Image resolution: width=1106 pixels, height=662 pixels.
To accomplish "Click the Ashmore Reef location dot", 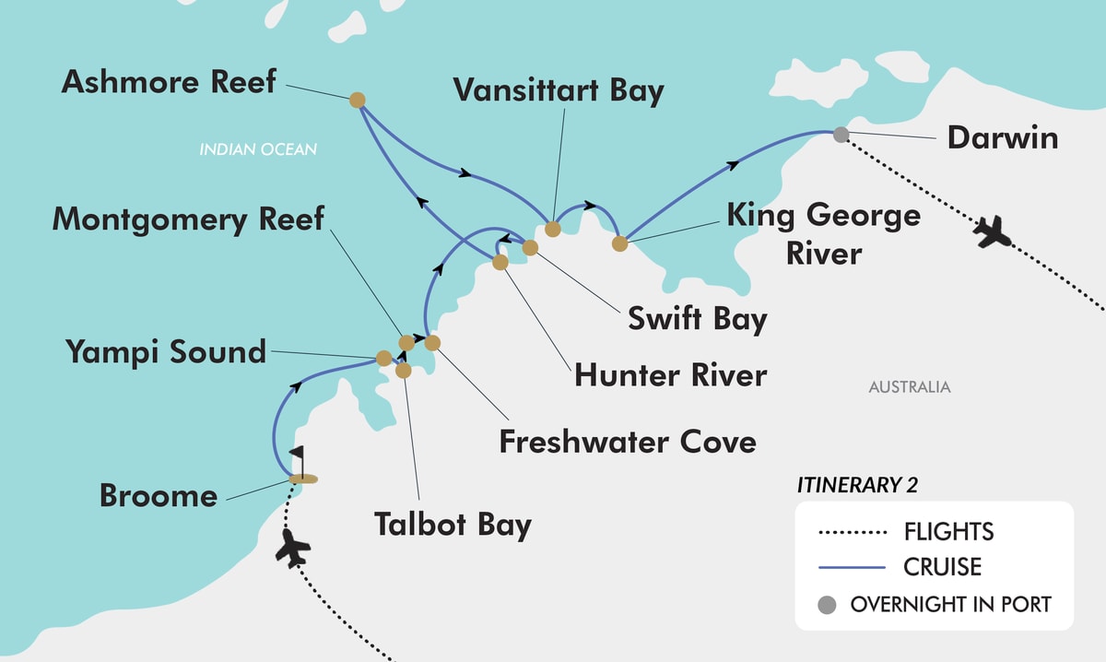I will [358, 99].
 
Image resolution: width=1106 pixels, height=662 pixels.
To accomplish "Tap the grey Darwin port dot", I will [841, 135].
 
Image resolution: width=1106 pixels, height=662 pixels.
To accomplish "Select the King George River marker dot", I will [620, 244].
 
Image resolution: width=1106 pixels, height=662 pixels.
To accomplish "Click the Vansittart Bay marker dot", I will [552, 229].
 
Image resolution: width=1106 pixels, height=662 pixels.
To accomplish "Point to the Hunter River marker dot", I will [500, 262].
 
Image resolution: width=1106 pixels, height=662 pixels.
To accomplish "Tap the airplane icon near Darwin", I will [993, 231].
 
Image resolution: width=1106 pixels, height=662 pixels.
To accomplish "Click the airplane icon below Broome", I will [293, 547].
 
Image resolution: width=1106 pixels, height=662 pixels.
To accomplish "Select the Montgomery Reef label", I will [188, 219].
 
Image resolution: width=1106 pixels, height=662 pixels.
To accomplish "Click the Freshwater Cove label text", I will [628, 441].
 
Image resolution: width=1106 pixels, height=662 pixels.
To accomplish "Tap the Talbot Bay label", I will [453, 524].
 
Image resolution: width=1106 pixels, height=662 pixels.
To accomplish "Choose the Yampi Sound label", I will [166, 351].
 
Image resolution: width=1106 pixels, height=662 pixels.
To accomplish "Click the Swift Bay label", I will [697, 318].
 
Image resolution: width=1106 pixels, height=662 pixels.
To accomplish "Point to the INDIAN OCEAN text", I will [258, 148].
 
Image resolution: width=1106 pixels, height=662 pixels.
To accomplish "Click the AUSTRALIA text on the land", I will [909, 387].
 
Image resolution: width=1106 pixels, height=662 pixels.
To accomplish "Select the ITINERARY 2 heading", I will [858, 485].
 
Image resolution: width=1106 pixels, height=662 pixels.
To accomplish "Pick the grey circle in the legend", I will [828, 605].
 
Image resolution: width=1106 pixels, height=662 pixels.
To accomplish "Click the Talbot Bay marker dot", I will [403, 371].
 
